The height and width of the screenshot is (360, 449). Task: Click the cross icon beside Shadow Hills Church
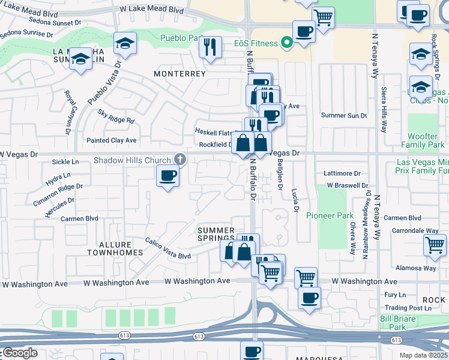[179, 159]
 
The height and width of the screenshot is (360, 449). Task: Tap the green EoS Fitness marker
[287, 43]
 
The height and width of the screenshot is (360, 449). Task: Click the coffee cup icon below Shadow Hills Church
[167, 175]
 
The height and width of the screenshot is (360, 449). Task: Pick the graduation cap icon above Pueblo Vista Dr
[125, 43]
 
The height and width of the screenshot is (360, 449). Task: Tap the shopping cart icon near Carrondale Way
[435, 244]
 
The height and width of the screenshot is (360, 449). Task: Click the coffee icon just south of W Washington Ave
[309, 297]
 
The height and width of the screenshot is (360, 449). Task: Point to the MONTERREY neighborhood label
[179, 74]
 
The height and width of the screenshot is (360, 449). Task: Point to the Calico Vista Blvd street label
[167, 248]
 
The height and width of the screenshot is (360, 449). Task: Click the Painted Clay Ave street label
[112, 140]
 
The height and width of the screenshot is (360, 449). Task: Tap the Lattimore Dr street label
[341, 173]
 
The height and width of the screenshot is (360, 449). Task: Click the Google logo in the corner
[19, 353]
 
